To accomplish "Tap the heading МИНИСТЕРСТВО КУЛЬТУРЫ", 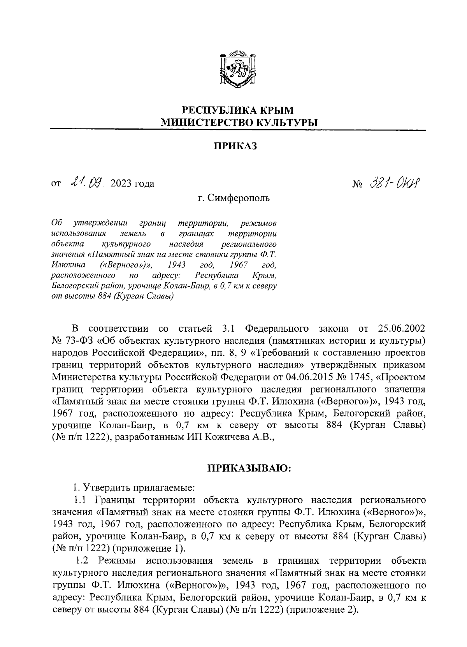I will pyautogui.click(x=239, y=123).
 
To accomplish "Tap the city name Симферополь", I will pyautogui.click(x=239, y=198).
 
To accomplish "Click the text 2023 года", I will pyautogui.click(x=132, y=183).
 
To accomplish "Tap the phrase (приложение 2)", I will pyautogui.click(x=321, y=610).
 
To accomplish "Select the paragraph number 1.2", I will pyautogui.click(x=83, y=561).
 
